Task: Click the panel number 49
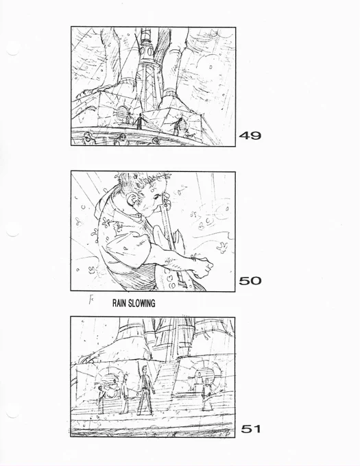point(250,136)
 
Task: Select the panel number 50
point(250,280)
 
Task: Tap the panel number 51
point(251,429)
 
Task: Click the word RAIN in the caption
point(119,303)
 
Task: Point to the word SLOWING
point(142,303)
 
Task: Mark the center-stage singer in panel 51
point(145,390)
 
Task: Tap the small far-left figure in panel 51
point(101,399)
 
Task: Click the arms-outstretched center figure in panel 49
point(139,121)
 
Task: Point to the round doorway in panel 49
point(122,112)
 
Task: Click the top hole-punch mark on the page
point(12,49)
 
